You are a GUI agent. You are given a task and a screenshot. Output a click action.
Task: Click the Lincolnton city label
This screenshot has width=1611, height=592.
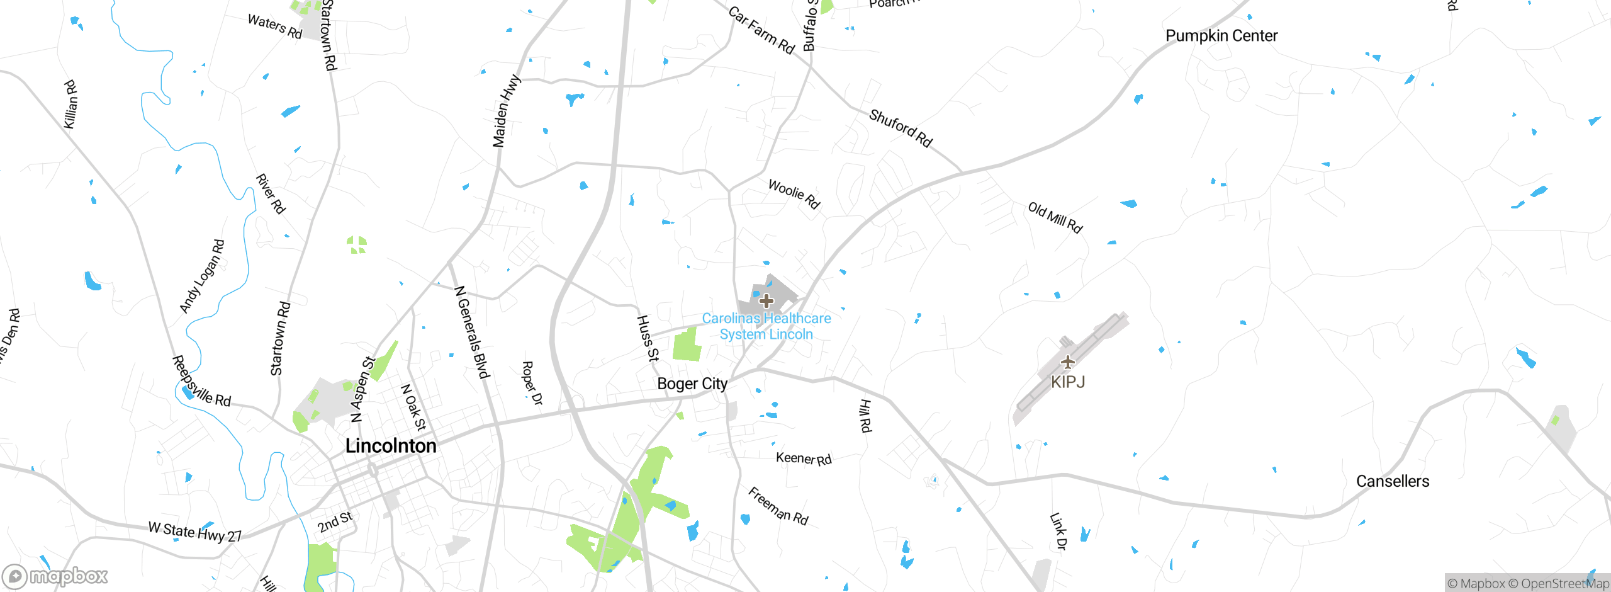pyautogui.click(x=391, y=446)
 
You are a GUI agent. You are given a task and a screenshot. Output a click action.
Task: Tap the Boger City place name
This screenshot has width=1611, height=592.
pyautogui.click(x=692, y=384)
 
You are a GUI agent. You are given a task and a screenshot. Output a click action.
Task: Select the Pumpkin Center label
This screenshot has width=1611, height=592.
pyautogui.click(x=1221, y=36)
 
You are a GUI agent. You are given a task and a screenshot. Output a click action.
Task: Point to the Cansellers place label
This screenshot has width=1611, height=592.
pyautogui.click(x=1393, y=481)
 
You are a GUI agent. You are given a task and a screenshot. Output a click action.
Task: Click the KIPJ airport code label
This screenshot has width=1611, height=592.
pyautogui.click(x=1068, y=382)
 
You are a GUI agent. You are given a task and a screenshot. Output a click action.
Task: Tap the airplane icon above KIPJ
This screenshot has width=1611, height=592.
pyautogui.click(x=1068, y=362)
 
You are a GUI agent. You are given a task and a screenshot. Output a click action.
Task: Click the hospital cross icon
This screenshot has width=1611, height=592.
pyautogui.click(x=766, y=300)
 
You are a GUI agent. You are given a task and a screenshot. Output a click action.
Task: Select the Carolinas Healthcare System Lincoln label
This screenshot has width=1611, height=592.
pyautogui.click(x=766, y=326)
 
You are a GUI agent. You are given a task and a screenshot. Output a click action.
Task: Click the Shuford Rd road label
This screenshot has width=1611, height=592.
pyautogui.click(x=901, y=128)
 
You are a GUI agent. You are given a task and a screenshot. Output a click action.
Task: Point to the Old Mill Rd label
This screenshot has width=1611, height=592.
pyautogui.click(x=1055, y=218)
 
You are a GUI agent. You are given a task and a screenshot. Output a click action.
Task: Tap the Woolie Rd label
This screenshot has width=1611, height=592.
pyautogui.click(x=794, y=194)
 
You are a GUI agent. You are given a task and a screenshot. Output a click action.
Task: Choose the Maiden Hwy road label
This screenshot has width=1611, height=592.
pyautogui.click(x=507, y=111)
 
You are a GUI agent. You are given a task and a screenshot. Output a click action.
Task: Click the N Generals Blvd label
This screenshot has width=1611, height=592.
pyautogui.click(x=472, y=333)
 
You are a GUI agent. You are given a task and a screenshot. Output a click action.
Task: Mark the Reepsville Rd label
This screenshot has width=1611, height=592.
pyautogui.click(x=201, y=382)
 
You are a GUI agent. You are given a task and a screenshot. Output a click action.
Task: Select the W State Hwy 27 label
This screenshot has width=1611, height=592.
pyautogui.click(x=195, y=532)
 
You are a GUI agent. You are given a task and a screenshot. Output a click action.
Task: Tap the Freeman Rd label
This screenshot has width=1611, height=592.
pyautogui.click(x=778, y=506)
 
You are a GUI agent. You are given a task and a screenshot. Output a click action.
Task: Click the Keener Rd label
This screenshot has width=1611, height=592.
pyautogui.click(x=804, y=458)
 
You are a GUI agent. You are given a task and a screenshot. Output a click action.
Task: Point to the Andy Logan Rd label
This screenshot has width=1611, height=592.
pyautogui.click(x=202, y=276)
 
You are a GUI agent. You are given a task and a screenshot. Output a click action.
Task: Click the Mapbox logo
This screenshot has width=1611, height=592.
pyautogui.click(x=55, y=576)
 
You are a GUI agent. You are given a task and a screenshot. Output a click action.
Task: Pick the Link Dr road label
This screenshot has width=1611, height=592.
pyautogui.click(x=1058, y=532)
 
